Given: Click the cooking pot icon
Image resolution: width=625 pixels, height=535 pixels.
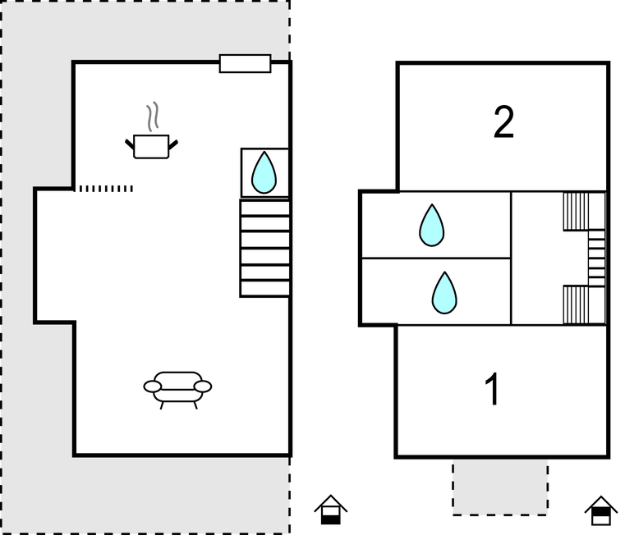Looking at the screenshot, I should (x=151, y=146).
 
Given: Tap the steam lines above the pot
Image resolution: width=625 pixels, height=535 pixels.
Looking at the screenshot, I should (x=152, y=117).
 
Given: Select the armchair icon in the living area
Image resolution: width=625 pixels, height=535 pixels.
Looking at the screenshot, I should (x=177, y=386).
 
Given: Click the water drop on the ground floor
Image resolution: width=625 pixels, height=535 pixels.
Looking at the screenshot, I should (x=264, y=173).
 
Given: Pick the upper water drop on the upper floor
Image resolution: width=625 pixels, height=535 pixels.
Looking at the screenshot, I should (x=431, y=226).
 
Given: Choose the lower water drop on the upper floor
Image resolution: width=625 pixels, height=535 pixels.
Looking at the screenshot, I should (x=444, y=292).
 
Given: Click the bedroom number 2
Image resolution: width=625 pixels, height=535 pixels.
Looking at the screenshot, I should (x=503, y=122).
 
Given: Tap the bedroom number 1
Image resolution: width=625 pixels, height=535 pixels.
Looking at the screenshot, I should (x=492, y=390).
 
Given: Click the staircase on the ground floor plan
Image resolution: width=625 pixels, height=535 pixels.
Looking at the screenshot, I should (x=264, y=248).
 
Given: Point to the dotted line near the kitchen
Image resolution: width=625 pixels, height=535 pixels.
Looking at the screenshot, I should (x=105, y=189).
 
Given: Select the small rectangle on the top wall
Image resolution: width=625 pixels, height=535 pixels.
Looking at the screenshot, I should (x=245, y=63).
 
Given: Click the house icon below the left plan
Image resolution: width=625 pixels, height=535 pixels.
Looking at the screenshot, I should (x=330, y=510).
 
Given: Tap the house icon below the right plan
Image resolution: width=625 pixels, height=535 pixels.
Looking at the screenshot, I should (x=601, y=510).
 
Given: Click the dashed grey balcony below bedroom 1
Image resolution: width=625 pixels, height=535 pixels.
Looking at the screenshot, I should (x=500, y=487).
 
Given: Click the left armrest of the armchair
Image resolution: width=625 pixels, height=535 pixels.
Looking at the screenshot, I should (x=153, y=386).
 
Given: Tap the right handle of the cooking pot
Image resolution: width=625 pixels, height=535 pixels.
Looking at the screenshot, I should (x=173, y=145).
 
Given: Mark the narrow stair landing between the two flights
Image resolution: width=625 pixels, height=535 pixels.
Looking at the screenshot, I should (x=596, y=258).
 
